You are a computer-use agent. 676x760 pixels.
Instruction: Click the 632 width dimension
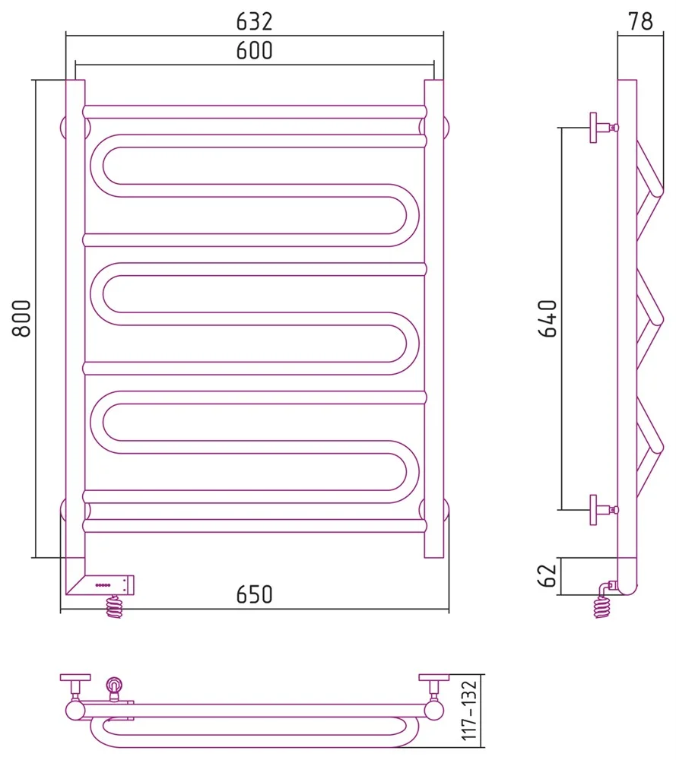(254, 21)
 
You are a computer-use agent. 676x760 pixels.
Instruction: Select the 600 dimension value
(254, 50)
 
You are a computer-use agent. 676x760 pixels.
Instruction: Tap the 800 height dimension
(22, 318)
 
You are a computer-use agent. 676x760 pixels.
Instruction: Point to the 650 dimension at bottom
(254, 595)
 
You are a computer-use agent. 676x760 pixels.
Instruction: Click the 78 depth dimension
(640, 21)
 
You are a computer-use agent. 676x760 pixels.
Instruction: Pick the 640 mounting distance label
(548, 318)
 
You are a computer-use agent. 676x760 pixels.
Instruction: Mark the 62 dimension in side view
(547, 576)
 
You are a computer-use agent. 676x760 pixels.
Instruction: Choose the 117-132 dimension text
(469, 711)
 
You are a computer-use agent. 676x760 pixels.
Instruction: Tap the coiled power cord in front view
(115, 606)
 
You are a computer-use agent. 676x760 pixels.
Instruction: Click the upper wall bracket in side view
(603, 128)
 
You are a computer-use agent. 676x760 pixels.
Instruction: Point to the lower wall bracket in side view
(603, 510)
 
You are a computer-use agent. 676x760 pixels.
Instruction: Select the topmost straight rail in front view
(255, 112)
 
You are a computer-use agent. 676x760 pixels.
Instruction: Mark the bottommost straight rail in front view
(255, 526)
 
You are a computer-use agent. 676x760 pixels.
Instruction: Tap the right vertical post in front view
(434, 318)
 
